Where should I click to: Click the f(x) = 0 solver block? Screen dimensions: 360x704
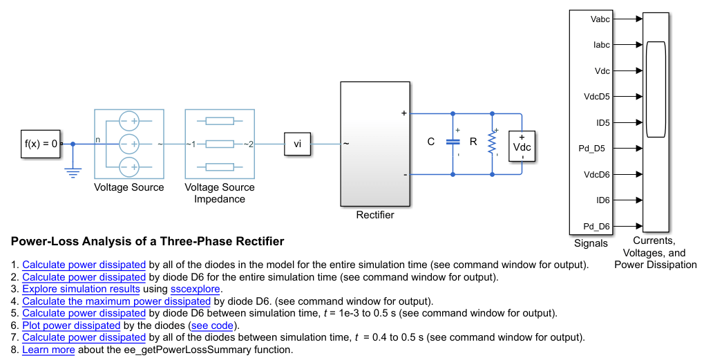[41, 144]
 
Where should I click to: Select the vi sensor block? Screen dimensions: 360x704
[298, 144]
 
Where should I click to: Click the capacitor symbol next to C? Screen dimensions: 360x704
[453, 142]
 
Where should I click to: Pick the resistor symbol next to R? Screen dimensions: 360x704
[492, 142]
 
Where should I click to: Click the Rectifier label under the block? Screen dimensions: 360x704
[375, 215]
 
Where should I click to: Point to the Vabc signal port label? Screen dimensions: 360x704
[600, 19]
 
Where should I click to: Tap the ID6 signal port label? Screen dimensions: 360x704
[602, 200]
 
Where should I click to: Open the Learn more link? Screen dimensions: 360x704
[48, 350]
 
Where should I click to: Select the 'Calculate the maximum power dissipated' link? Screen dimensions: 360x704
[116, 301]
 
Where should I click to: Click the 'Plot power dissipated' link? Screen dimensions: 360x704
[71, 325]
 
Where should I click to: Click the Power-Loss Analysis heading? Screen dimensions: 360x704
[147, 242]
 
